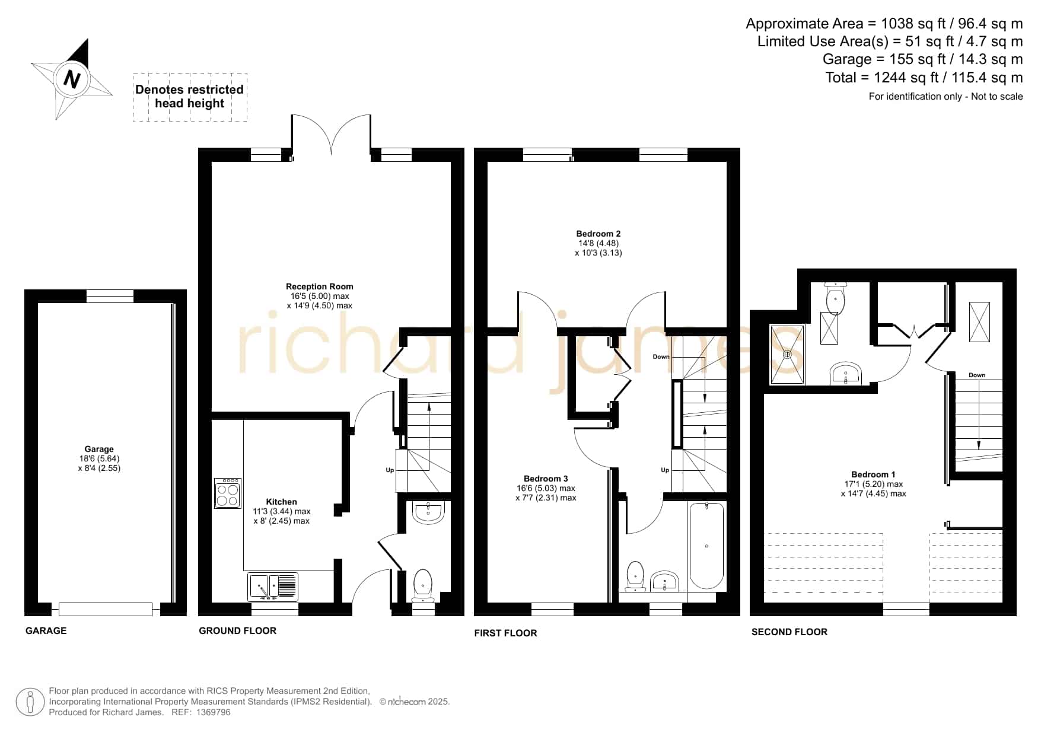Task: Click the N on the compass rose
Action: [x=72, y=79]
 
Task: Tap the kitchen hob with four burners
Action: [x=228, y=493]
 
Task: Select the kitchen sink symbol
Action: [x=273, y=587]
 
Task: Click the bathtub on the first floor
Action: [x=706, y=546]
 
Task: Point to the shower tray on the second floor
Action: [x=787, y=354]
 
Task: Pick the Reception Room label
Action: [x=320, y=286]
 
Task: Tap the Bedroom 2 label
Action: [x=599, y=234]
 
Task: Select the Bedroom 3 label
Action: [x=546, y=479]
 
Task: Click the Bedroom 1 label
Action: [x=873, y=474]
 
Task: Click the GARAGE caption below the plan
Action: [x=46, y=630]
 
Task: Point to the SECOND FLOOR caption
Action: [x=789, y=632]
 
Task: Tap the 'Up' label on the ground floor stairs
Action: [x=390, y=470]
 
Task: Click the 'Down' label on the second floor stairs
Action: [x=977, y=375]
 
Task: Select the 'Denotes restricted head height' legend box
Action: [x=190, y=97]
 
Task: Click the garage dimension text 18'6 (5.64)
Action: [x=99, y=458]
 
